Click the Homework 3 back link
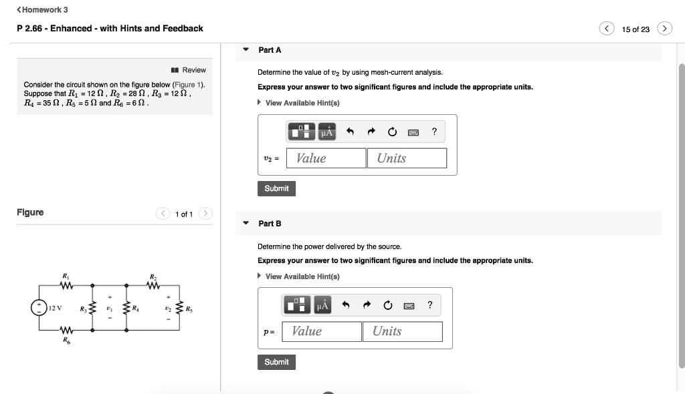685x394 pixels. (x=42, y=10)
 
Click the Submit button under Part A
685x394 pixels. (x=276, y=189)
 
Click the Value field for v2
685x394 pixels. (x=326, y=158)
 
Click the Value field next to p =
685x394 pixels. (x=322, y=331)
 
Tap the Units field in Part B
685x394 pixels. (x=402, y=331)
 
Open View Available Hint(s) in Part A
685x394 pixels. (x=302, y=103)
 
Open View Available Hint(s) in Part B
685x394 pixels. (x=302, y=276)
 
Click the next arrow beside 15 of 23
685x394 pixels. (x=664, y=29)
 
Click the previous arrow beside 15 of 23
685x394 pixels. (x=607, y=29)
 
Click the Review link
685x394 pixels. (x=189, y=70)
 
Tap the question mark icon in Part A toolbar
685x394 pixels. (x=434, y=132)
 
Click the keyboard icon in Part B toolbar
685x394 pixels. (x=409, y=305)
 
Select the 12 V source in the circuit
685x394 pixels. (x=38, y=308)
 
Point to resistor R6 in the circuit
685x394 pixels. (x=66, y=330)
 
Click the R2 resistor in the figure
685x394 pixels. (x=153, y=286)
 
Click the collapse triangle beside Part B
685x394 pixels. (x=246, y=223)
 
